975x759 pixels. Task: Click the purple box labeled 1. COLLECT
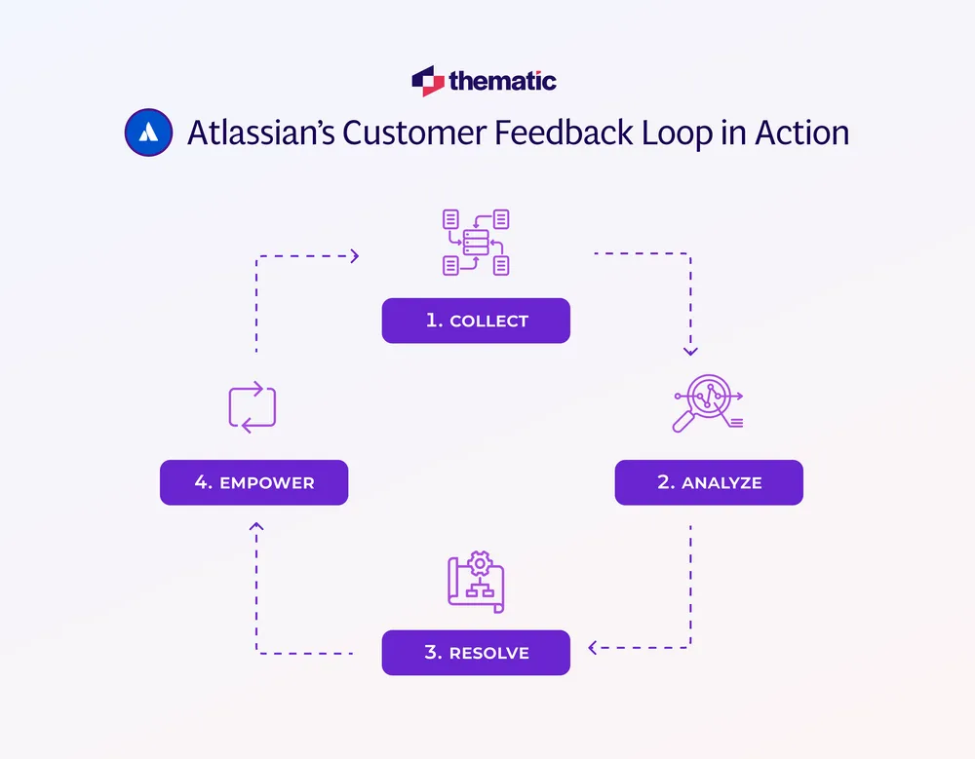point(476,321)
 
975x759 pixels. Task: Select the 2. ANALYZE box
point(709,482)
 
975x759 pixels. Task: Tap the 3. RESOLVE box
point(476,652)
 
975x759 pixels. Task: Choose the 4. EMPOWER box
point(253,482)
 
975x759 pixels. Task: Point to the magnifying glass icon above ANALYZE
point(707,403)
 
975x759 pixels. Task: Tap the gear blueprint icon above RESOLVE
point(476,582)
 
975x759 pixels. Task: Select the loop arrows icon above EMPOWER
point(253,406)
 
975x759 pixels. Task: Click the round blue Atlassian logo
point(149,133)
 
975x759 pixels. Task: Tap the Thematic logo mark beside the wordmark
point(427,81)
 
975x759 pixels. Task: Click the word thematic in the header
point(503,81)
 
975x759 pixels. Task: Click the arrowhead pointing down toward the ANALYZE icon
point(690,351)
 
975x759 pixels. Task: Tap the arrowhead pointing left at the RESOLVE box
point(593,647)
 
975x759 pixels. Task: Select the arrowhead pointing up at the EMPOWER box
point(256,527)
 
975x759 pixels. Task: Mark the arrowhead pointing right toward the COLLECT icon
point(355,256)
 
